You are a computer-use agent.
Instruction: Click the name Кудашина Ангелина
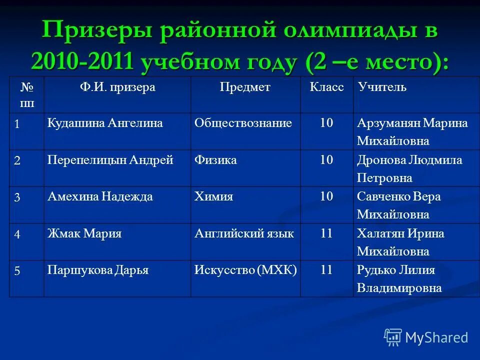(105, 123)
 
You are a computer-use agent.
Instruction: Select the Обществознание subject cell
(243, 123)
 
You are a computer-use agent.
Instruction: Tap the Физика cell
(215, 160)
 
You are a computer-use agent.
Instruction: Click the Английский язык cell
(244, 233)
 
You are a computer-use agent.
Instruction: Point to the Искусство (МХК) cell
(245, 270)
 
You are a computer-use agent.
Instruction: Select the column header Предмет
(245, 87)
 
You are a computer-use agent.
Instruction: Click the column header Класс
(326, 87)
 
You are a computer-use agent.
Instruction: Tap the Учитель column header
(382, 87)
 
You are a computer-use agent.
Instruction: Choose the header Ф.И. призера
(117, 87)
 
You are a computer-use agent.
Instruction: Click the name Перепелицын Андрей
(110, 160)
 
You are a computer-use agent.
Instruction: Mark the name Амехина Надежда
(100, 196)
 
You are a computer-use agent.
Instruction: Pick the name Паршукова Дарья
(98, 270)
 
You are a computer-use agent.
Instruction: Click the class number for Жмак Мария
(326, 233)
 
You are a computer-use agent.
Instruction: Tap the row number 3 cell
(17, 197)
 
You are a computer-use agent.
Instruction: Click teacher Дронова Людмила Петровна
(409, 168)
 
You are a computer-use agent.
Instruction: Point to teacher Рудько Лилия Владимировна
(399, 279)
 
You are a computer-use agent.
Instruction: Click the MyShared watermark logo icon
(393, 337)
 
